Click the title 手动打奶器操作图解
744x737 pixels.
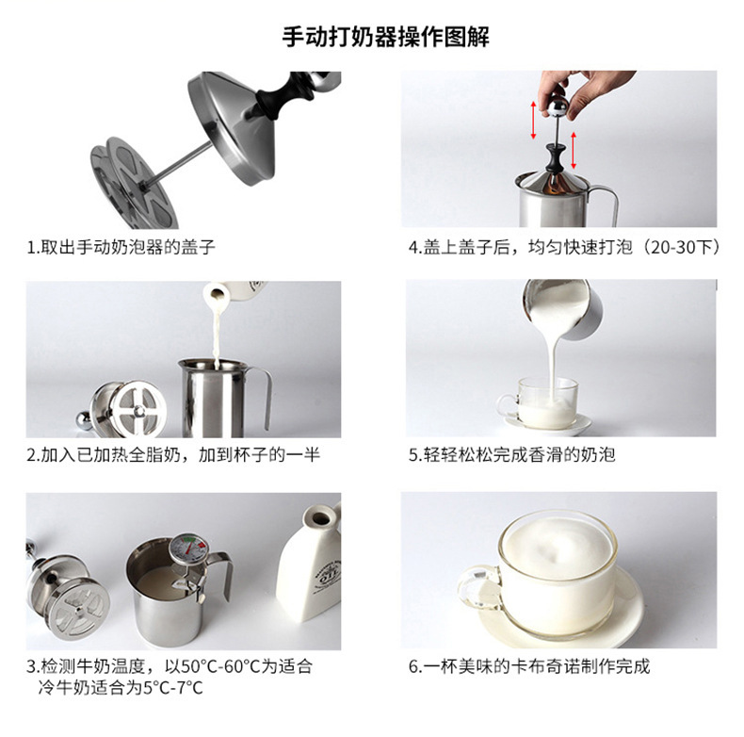click(385, 37)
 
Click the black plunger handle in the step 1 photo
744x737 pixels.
click(282, 95)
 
